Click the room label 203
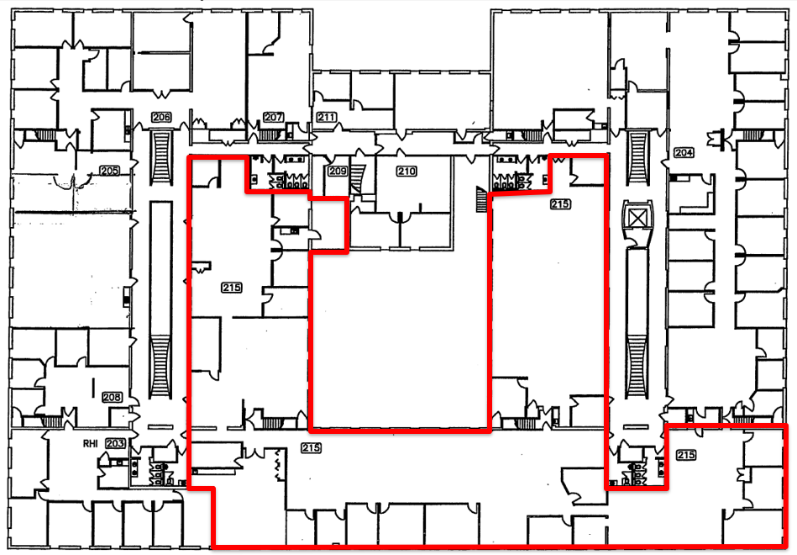[x=115, y=443]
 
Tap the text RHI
[x=90, y=444]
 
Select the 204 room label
[x=684, y=152]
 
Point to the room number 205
[x=110, y=171]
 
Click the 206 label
[x=161, y=117]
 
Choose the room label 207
[x=273, y=117]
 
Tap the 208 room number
[x=113, y=397]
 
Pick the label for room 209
[x=338, y=171]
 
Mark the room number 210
[x=406, y=171]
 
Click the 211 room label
[x=327, y=117]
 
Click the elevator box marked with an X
[x=637, y=219]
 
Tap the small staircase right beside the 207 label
[x=270, y=135]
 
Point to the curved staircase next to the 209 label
[x=359, y=179]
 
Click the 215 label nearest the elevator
[x=560, y=203]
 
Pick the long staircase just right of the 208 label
[x=160, y=367]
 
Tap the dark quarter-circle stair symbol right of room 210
[x=481, y=199]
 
